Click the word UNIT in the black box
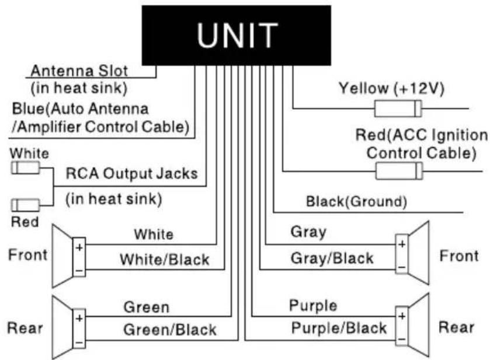tap(237, 35)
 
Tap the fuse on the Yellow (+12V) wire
tap(398, 109)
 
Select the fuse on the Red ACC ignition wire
tap(399, 171)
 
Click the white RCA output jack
tap(26, 168)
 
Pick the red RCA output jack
tap(26, 205)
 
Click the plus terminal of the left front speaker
tap(79, 247)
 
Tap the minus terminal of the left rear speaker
tap(79, 343)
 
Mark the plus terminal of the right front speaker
tap(402, 244)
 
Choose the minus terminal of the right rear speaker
tap(402, 340)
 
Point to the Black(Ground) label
tap(356, 201)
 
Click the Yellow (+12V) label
tap(391, 88)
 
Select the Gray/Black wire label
tap(332, 258)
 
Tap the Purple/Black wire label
tap(339, 328)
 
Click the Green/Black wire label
tap(170, 330)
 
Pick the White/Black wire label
tap(165, 260)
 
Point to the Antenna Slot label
tap(79, 71)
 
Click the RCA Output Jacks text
tap(132, 174)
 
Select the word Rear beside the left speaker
tap(25, 328)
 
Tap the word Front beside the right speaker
tap(459, 256)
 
